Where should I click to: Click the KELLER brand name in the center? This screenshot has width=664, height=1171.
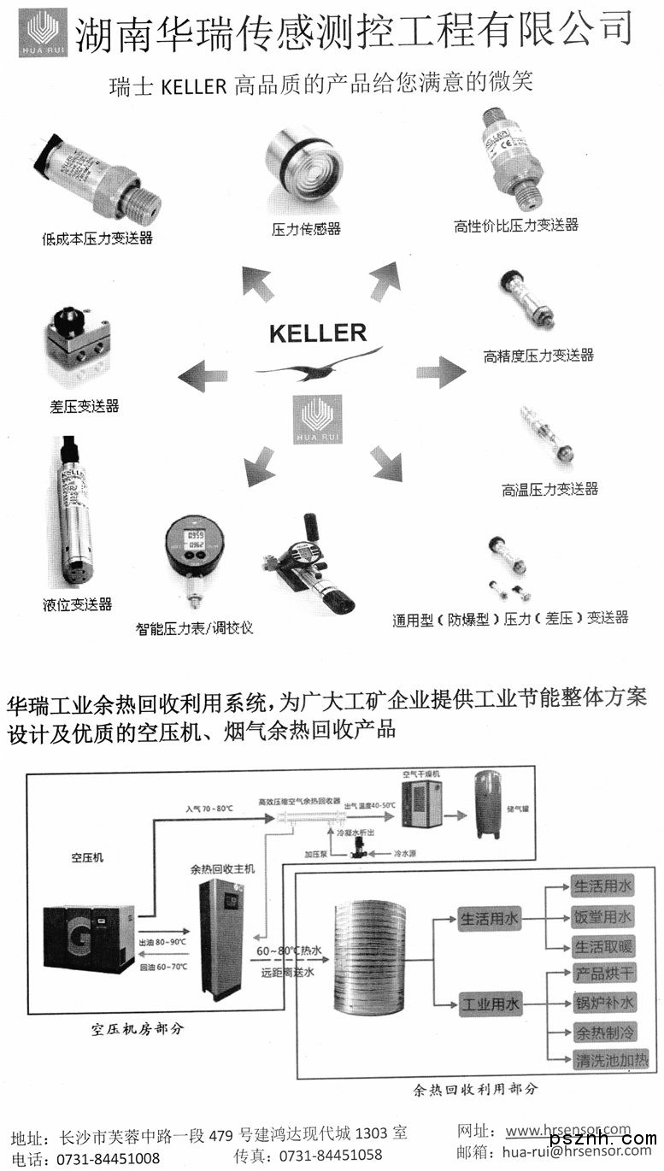318,332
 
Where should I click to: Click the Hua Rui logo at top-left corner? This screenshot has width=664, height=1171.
46,32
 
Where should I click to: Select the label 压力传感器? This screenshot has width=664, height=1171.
306,229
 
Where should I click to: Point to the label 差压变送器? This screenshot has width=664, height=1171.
85,405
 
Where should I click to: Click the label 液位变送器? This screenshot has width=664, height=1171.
77,604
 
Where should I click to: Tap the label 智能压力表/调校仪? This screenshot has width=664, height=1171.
195,628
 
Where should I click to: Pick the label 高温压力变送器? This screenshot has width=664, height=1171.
549,490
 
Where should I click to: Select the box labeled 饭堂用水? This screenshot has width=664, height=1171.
603,917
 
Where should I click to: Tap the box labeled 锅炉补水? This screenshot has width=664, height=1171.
603,1003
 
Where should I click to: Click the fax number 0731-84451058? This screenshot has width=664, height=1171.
332,1156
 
